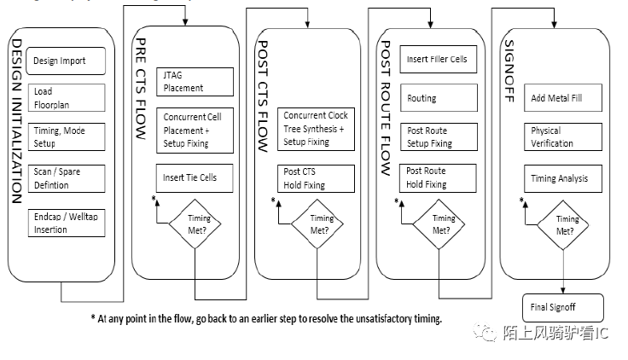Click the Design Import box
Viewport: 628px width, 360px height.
[67, 61]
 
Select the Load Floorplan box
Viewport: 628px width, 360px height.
[67, 98]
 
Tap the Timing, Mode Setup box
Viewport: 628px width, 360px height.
[67, 137]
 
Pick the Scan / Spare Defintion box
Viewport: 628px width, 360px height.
[67, 177]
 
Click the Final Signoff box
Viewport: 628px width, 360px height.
[562, 307]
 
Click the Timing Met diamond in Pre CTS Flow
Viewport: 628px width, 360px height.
[195, 224]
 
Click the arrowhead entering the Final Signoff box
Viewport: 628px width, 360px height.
[562, 291]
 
